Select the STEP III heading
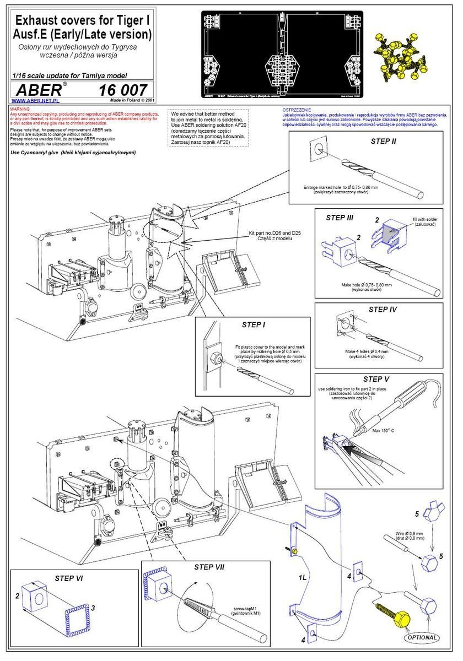tap(340, 218)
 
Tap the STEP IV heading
tap(383, 310)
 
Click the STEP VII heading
tap(209, 567)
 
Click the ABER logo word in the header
tap(42, 90)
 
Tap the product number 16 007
tap(122, 90)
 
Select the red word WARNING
tap(20, 110)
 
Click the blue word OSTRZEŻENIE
tap(297, 110)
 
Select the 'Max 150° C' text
tap(386, 430)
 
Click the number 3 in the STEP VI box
tap(93, 608)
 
